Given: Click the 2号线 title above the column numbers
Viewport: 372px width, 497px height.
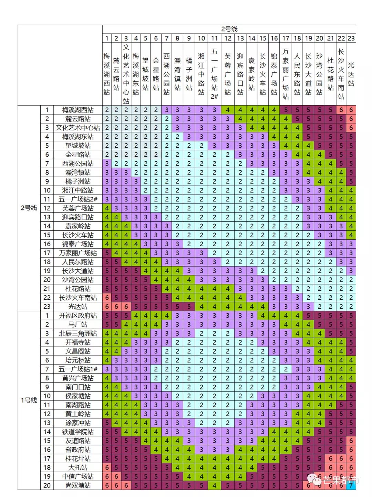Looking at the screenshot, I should pyautogui.click(x=229, y=29).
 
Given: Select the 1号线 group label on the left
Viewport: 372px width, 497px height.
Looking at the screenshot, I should pyautogui.click(x=29, y=400).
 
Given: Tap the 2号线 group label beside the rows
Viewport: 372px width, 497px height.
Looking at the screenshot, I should pyautogui.click(x=29, y=208).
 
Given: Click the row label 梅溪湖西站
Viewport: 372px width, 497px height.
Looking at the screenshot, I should pyautogui.click(x=78, y=110).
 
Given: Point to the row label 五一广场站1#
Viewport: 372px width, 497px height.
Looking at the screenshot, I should pyautogui.click(x=78, y=369).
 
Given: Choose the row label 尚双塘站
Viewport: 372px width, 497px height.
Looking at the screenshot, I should pyautogui.click(x=78, y=485).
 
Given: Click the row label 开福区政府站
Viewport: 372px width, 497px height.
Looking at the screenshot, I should pyautogui.click(x=78, y=316).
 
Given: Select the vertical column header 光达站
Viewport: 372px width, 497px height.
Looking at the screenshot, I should pyautogui.click(x=351, y=74).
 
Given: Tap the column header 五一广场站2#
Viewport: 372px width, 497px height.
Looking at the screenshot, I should pyautogui.click(x=214, y=74).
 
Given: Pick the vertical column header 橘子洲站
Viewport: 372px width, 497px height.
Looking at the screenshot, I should pyautogui.click(x=189, y=74).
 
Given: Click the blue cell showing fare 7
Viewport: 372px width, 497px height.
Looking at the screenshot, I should pyautogui.click(x=351, y=485).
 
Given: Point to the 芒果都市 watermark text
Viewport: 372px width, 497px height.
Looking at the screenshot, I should pyautogui.click(x=341, y=480).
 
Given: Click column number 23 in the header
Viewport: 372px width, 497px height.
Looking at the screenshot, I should pyautogui.click(x=351, y=38).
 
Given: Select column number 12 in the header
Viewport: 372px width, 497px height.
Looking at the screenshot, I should pyautogui.click(x=228, y=38).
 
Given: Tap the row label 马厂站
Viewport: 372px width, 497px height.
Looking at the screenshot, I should pyautogui.click(x=78, y=325).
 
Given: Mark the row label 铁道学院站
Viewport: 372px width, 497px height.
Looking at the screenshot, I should pyautogui.click(x=78, y=432).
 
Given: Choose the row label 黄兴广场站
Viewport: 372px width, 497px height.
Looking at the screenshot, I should pyautogui.click(x=78, y=378).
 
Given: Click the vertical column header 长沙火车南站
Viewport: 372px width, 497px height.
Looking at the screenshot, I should pyautogui.click(x=341, y=74).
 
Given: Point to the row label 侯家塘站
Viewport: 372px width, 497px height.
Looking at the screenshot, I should pyautogui.click(x=78, y=396).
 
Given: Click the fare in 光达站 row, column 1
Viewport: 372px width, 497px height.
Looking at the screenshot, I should pyautogui.click(x=107, y=307).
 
